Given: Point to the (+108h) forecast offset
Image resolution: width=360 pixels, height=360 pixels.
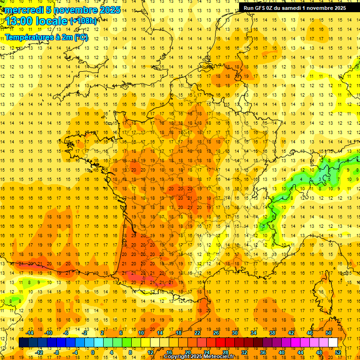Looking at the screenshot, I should [83, 21].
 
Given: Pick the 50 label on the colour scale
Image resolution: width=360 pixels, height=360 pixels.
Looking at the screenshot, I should [328, 333].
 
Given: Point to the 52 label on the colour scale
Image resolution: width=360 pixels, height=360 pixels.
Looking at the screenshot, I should [338, 352].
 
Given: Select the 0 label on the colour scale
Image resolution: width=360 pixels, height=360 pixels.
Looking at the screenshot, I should [92, 352].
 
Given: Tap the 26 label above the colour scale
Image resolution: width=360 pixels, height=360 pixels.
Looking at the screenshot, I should [216, 333].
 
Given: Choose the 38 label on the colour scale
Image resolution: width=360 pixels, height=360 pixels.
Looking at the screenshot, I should [272, 333].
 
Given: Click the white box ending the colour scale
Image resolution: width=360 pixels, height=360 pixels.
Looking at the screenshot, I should [333, 343].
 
